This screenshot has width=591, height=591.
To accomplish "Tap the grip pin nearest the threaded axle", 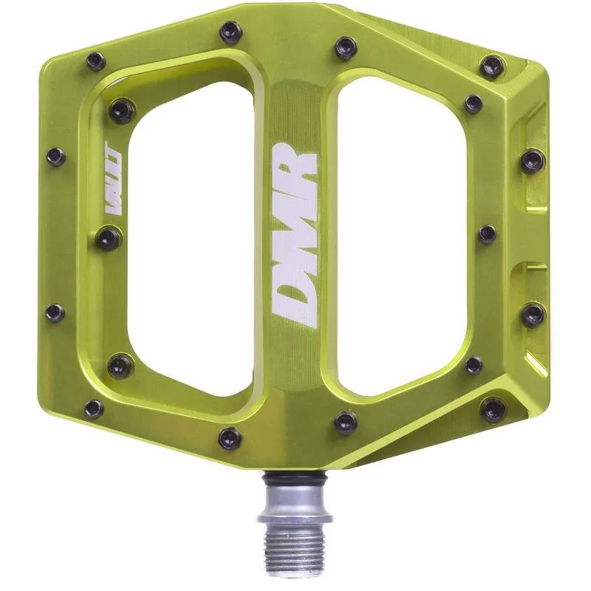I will point(344,422).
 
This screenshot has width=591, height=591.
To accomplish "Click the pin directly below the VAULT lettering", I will point(108,237).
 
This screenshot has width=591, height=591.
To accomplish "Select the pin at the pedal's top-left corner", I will point(95,61).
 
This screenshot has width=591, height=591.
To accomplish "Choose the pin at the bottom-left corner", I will point(94,408).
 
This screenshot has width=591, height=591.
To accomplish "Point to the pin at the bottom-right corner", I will point(492,408).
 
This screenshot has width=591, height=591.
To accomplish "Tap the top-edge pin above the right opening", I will point(345,47).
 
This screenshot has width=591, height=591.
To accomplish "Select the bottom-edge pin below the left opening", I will point(230,437).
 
